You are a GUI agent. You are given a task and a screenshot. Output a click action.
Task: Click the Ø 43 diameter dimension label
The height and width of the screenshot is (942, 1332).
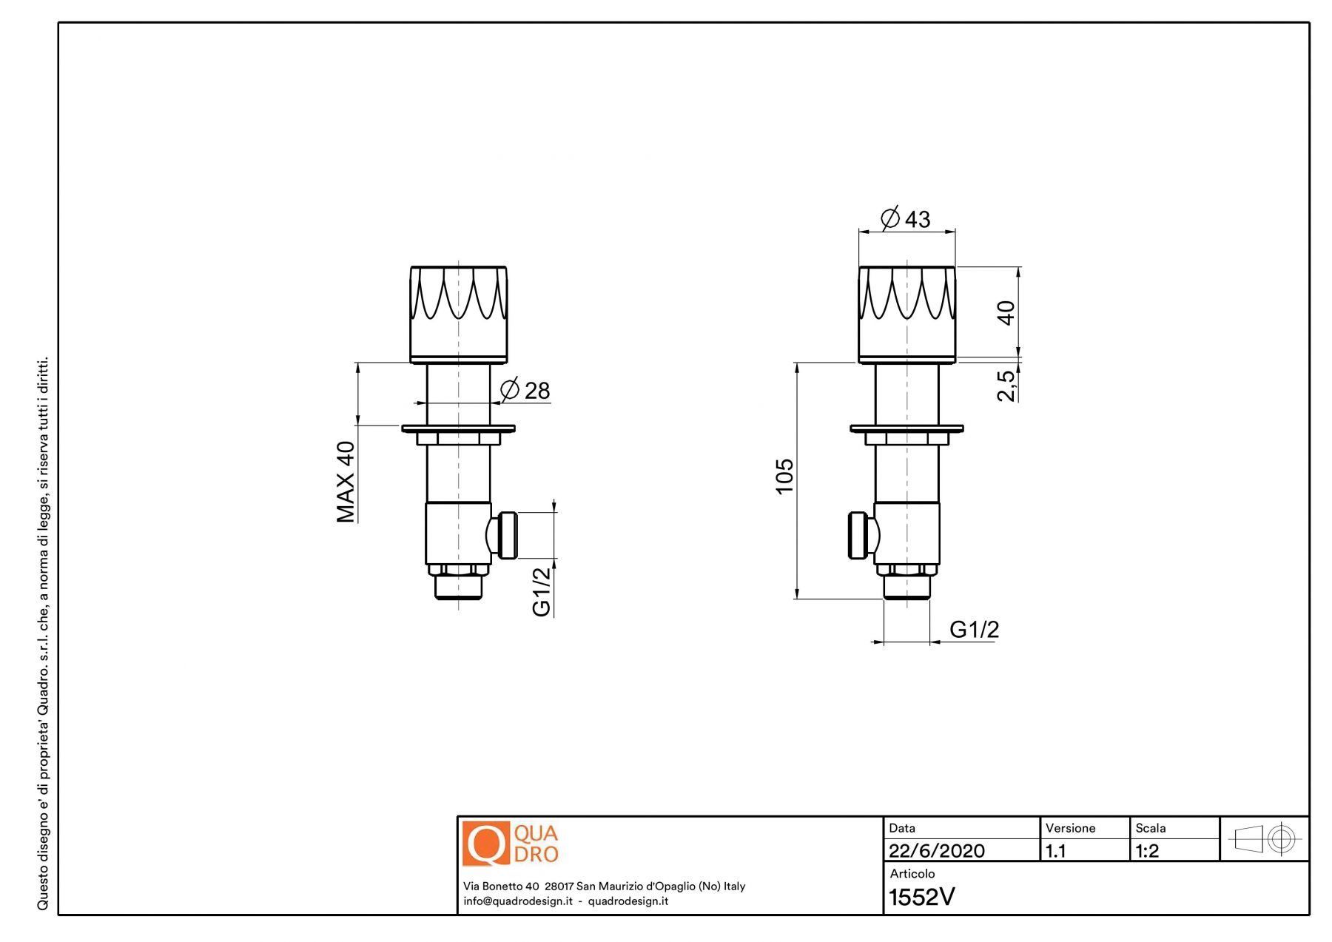coord(905,218)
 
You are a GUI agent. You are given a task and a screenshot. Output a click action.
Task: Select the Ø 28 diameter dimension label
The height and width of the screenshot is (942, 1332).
coord(525,389)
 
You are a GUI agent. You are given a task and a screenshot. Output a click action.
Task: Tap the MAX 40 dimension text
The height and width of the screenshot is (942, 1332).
coord(346,482)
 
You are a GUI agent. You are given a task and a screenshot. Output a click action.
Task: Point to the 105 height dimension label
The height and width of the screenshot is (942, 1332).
coord(784,476)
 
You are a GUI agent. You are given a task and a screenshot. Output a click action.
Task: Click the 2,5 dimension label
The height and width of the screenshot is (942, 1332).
coord(1006,386)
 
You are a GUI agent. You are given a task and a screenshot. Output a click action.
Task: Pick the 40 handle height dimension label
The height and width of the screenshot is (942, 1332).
coord(1006,312)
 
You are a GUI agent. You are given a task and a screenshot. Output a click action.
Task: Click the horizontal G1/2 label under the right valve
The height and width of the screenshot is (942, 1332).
coord(974,629)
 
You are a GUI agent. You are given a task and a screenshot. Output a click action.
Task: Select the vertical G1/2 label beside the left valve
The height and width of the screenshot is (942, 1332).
coord(542,591)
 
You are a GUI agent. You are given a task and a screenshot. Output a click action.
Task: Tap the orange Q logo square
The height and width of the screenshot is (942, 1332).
coord(486,843)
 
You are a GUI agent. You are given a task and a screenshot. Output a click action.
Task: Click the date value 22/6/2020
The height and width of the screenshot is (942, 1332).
coord(936,851)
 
